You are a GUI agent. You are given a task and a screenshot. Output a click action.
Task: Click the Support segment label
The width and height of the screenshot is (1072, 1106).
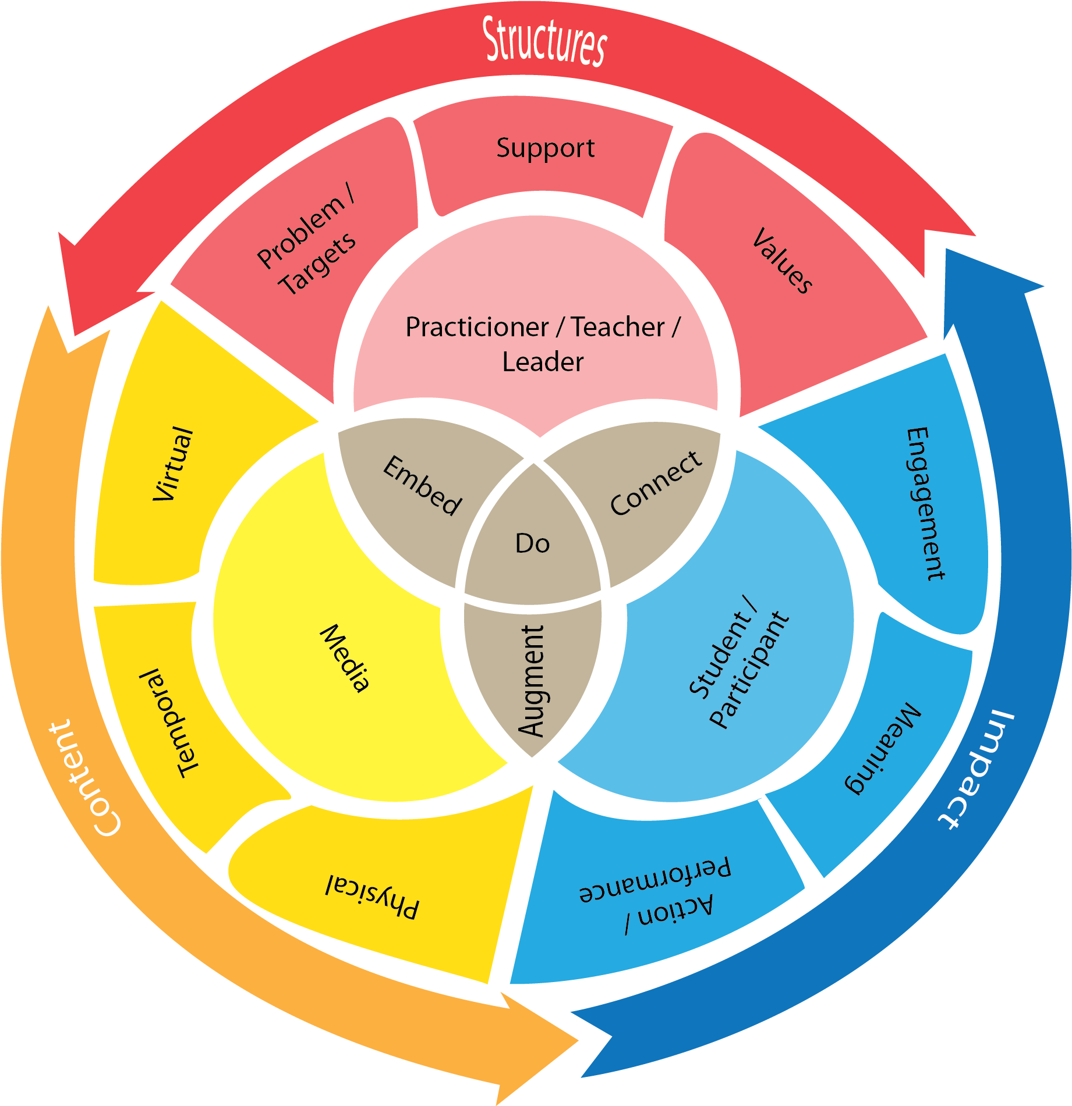click(545, 148)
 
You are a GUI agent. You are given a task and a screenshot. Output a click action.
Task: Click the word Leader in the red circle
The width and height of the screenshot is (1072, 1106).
click(543, 362)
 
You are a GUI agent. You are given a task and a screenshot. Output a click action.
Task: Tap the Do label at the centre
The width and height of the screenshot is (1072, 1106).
click(532, 543)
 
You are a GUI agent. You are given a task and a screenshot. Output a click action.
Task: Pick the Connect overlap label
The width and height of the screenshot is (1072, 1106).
click(656, 483)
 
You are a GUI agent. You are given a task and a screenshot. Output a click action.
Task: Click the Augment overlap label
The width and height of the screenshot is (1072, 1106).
click(531, 681)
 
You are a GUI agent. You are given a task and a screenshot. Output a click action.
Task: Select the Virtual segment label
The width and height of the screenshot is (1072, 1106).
click(172, 464)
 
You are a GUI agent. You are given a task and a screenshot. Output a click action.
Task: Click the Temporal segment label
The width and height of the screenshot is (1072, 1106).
click(169, 723)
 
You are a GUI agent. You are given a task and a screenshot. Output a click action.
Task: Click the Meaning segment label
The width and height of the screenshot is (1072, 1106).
click(883, 748)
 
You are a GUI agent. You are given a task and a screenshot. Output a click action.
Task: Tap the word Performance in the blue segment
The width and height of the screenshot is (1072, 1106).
click(654, 879)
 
